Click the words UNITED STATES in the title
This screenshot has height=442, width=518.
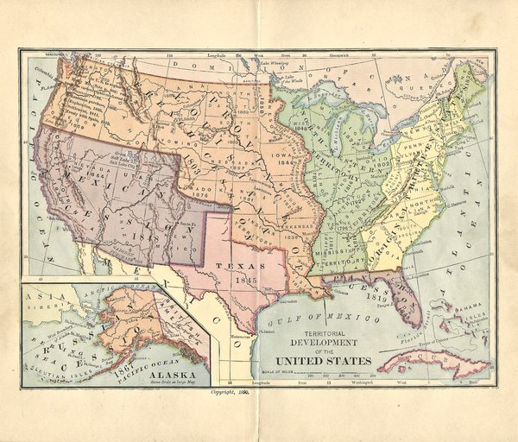(x=324, y=360)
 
